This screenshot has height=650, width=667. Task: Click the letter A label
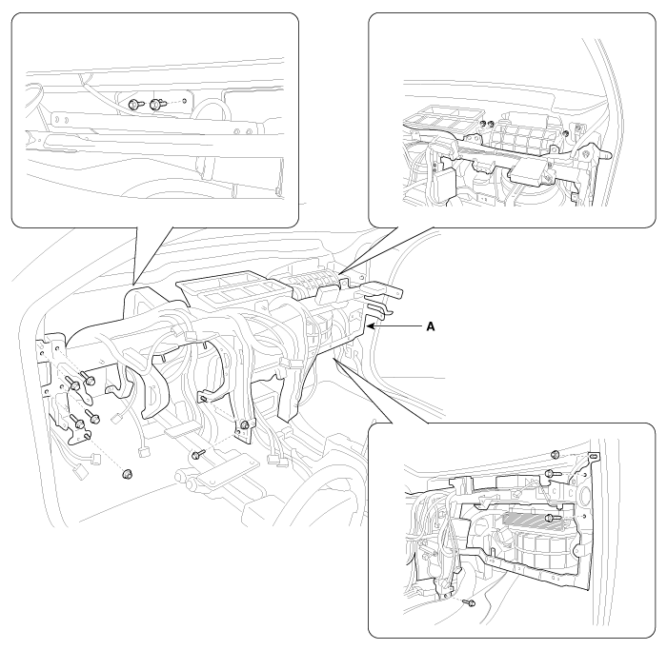pos(431,326)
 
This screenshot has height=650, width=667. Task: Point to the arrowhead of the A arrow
pos(370,326)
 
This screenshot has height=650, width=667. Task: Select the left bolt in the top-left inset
pos(134,103)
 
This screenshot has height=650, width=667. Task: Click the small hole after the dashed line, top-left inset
pos(185,101)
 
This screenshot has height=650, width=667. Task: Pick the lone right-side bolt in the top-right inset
pos(566,134)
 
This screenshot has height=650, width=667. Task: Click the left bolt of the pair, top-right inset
pos(483,124)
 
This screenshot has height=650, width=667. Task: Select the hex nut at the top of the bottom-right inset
pos(555,454)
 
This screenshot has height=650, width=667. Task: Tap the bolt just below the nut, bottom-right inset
pos(551,473)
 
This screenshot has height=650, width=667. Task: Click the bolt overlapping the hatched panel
pos(552,518)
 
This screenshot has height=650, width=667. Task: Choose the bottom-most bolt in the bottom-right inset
pos(470,602)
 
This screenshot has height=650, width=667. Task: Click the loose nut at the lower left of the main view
pos(127,473)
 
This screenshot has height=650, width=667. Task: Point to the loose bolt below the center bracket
pos(198,455)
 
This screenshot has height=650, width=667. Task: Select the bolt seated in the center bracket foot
pos(245,424)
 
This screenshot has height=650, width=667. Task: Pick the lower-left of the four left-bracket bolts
pos(77,423)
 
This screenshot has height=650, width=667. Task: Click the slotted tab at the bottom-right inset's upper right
pos(594,456)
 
